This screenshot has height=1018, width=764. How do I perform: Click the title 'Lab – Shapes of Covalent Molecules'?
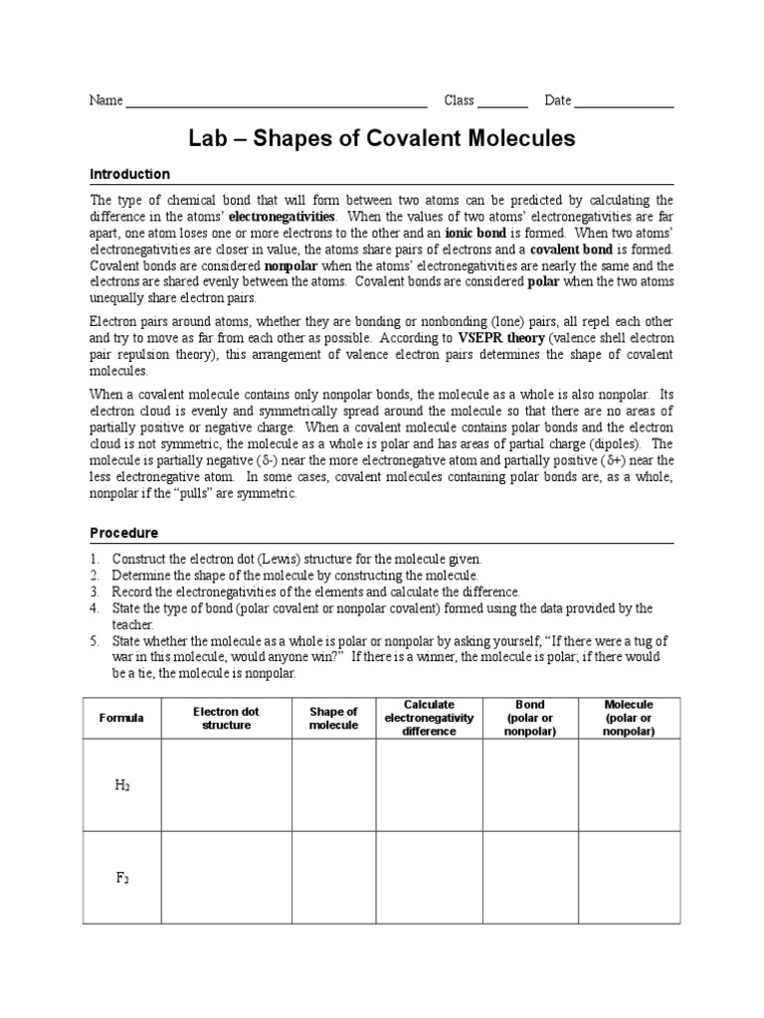[382, 138]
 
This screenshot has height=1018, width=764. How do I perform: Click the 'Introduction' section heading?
[130, 174]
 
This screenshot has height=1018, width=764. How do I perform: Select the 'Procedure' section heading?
[124, 533]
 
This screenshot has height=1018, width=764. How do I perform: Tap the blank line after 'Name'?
[277, 101]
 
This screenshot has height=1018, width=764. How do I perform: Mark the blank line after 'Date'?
[624, 101]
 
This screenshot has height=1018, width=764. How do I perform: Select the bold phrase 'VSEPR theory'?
[500, 337]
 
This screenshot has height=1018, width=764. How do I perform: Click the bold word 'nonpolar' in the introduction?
[290, 266]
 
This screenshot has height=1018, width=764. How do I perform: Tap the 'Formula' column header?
[121, 718]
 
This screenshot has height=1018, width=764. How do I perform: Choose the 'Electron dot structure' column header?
[226, 718]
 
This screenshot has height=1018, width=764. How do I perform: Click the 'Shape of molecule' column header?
[333, 718]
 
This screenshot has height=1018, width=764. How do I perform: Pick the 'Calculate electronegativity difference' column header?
[430, 718]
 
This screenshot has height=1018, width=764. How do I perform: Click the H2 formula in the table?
[121, 785]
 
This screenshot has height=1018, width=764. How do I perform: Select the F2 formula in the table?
[121, 878]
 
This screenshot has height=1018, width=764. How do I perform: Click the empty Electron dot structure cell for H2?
[226, 785]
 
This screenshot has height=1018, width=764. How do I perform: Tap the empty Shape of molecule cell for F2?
[333, 878]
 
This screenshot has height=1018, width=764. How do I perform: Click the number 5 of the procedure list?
[95, 640]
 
